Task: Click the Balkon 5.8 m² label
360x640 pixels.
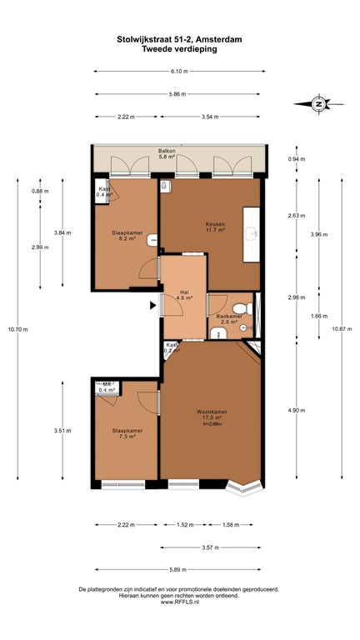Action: click(x=167, y=154)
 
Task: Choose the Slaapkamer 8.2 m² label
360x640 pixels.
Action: click(x=127, y=237)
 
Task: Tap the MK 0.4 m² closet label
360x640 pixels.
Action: click(x=107, y=387)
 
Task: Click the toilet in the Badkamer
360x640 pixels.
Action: click(x=244, y=328)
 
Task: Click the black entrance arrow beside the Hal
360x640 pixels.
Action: click(x=152, y=306)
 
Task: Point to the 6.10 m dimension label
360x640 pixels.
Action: click(x=178, y=70)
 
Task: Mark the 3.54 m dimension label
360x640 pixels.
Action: click(x=210, y=117)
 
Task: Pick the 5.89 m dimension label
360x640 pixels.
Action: click(x=178, y=569)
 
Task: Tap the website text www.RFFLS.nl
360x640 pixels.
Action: click(x=179, y=602)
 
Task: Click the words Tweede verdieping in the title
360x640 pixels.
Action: click(x=179, y=49)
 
